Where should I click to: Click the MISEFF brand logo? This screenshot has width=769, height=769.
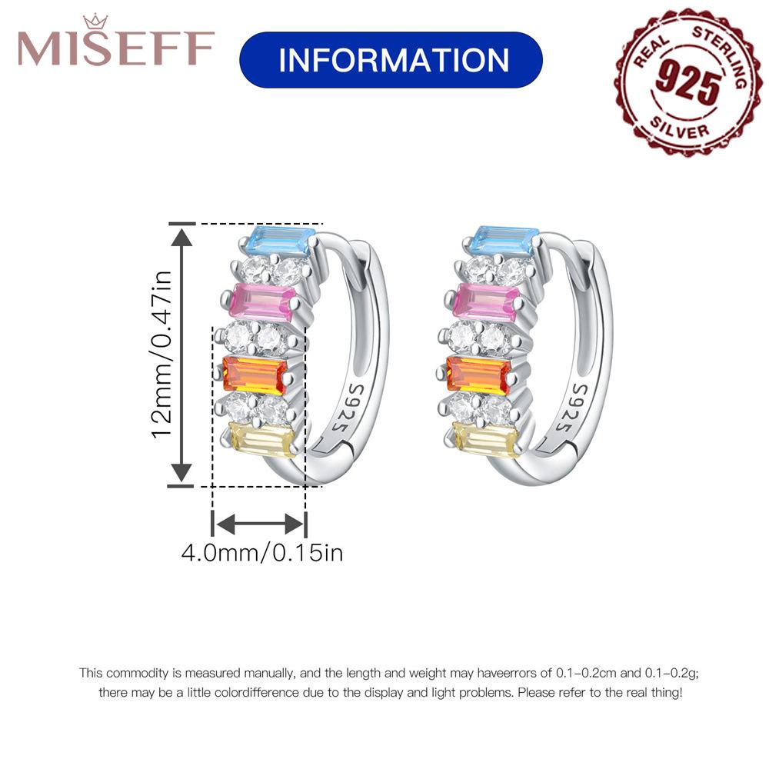[116, 48]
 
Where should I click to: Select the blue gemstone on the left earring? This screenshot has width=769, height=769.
[281, 242]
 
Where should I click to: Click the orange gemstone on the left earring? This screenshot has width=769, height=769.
[255, 375]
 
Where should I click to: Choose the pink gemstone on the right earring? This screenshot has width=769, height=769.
[486, 302]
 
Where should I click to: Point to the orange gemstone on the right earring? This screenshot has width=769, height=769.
[478, 375]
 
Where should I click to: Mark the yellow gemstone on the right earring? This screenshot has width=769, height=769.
[485, 440]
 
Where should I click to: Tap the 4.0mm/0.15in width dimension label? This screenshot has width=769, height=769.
[261, 552]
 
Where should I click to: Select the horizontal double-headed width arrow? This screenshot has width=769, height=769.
[259, 525]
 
